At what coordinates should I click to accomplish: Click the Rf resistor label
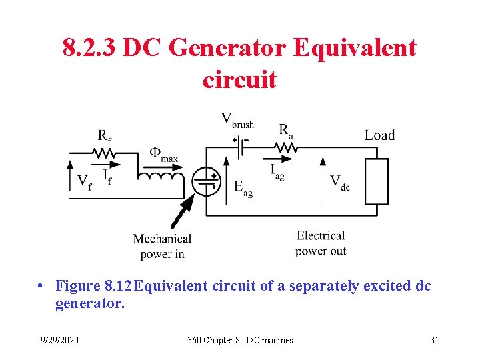104,137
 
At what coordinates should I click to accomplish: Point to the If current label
107,177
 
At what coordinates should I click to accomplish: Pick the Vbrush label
237,121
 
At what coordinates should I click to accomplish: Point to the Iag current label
277,172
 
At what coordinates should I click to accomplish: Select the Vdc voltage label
340,183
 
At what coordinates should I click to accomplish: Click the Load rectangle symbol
377,181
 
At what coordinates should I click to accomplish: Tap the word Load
379,135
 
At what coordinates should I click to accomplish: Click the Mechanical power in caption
162,246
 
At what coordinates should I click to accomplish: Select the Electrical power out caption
321,243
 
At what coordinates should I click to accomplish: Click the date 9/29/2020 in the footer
59,341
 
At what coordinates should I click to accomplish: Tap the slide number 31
435,341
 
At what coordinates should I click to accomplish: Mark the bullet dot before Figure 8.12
41,287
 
